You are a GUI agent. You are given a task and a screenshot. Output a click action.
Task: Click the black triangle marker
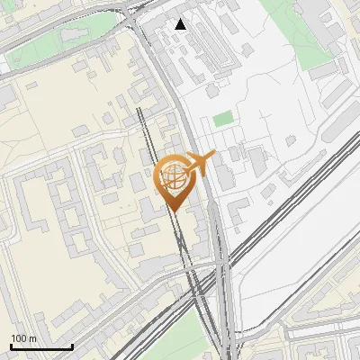181,23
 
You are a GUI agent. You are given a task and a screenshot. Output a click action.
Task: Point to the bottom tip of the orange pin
174,211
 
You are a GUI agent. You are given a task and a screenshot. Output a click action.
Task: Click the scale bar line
41,347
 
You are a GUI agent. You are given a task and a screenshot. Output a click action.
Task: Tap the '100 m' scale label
24,338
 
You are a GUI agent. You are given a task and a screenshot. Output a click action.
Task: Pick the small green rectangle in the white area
222,119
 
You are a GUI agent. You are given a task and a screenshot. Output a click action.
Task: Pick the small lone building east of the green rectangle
290,141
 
